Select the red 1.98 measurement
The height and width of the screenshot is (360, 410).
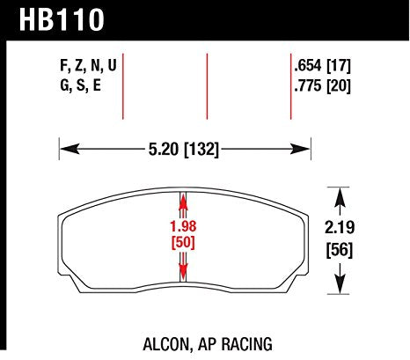pyautogui.click(x=183, y=226)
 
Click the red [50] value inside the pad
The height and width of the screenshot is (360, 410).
pyautogui.click(x=183, y=241)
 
